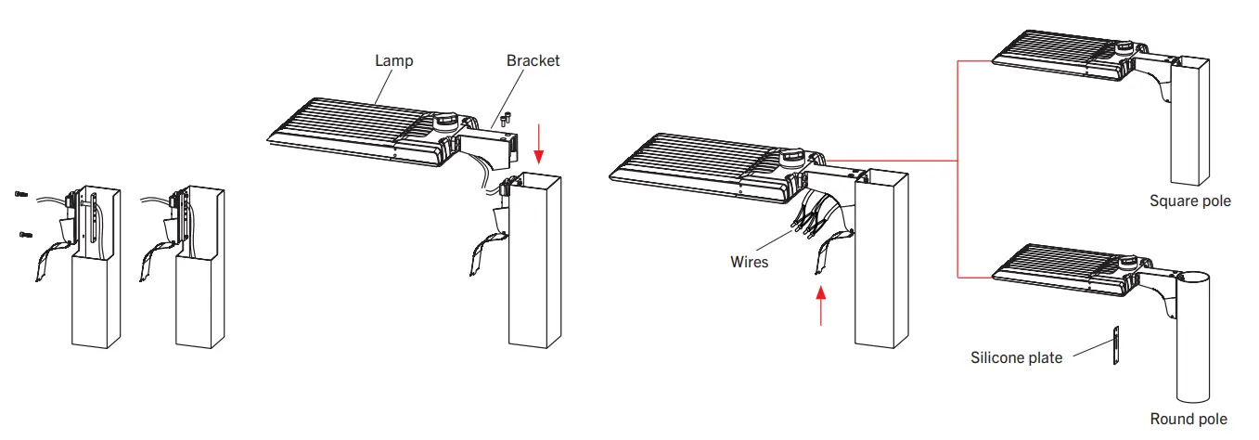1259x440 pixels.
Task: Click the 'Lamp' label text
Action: point(393,60)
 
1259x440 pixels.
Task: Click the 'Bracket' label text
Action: point(533,60)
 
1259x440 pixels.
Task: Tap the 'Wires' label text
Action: point(749,263)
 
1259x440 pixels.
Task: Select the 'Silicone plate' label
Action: point(1016,357)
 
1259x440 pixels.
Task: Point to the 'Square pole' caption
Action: point(1189,201)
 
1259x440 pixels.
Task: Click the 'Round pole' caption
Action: point(1188,420)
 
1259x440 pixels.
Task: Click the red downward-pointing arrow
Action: point(541,139)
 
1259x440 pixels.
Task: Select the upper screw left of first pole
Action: point(21,193)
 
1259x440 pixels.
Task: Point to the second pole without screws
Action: point(200,278)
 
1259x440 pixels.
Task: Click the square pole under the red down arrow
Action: point(534,269)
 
